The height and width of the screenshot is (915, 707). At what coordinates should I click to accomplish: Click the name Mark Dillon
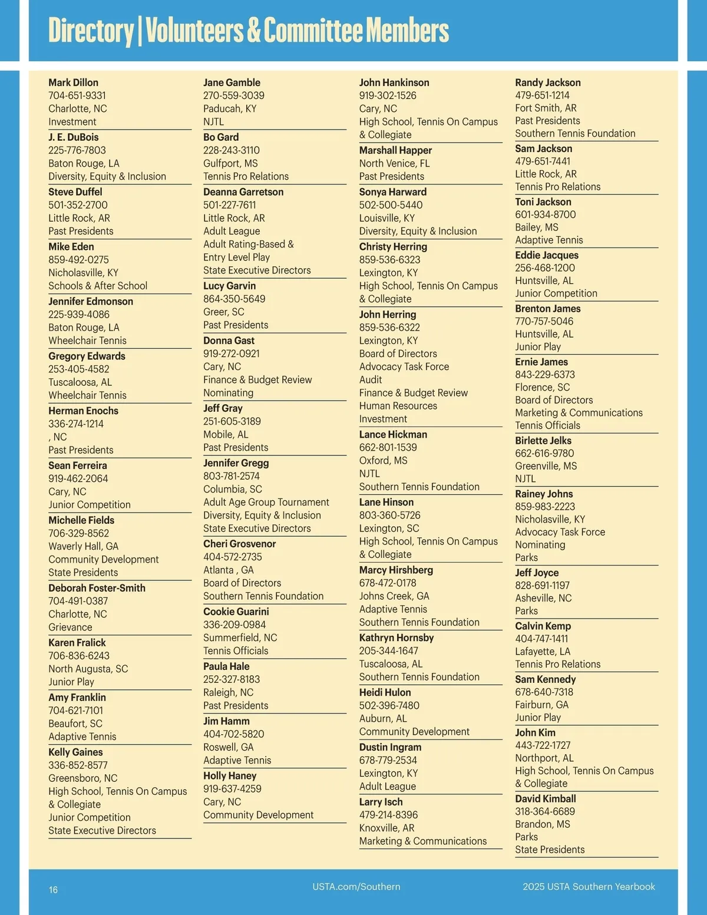(x=73, y=82)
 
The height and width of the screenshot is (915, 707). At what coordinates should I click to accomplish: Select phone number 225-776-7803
(x=77, y=150)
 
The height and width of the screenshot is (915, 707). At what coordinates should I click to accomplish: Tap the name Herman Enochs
(x=83, y=411)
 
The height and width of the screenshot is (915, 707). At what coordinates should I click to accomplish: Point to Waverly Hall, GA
(x=83, y=546)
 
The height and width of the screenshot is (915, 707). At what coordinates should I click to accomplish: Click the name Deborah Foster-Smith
(x=97, y=588)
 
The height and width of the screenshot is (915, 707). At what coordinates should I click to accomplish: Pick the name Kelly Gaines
(x=75, y=752)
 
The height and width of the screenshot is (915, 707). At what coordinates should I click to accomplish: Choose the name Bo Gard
(x=221, y=137)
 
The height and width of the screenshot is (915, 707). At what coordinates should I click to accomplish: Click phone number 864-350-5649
(x=234, y=299)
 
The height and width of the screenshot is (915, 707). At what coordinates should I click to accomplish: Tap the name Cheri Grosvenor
(x=239, y=544)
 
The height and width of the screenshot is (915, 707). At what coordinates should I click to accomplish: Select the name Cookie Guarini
(x=236, y=612)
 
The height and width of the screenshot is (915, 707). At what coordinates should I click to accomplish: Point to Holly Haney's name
(x=230, y=776)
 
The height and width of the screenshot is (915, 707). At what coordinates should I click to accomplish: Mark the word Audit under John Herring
(x=371, y=379)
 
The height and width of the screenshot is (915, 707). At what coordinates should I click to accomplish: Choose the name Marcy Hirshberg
(x=396, y=570)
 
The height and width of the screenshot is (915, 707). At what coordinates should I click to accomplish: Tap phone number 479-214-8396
(x=388, y=815)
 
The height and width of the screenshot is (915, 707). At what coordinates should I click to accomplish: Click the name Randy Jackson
(x=548, y=82)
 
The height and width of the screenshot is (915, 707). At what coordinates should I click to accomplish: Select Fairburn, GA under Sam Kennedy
(x=541, y=705)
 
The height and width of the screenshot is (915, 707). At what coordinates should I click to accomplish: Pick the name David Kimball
(x=546, y=798)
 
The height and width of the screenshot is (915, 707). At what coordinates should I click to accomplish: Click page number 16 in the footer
(x=53, y=890)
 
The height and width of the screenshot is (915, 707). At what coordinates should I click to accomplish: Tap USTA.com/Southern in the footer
(x=356, y=887)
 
